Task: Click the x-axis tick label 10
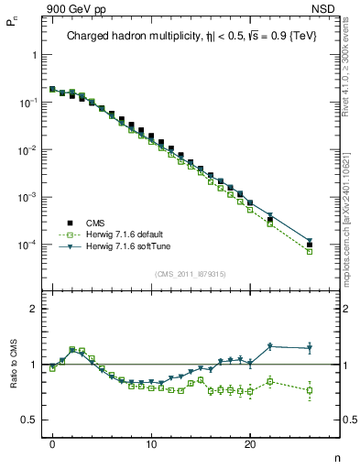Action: (151, 443)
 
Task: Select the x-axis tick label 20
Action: (250, 443)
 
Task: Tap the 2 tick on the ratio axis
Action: (35, 309)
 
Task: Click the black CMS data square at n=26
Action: (310, 245)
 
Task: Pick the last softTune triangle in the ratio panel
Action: (310, 348)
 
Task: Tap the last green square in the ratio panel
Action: (310, 390)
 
